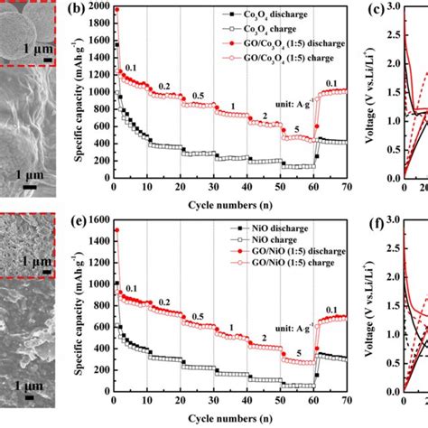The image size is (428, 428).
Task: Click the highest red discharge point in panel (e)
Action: point(116,230)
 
